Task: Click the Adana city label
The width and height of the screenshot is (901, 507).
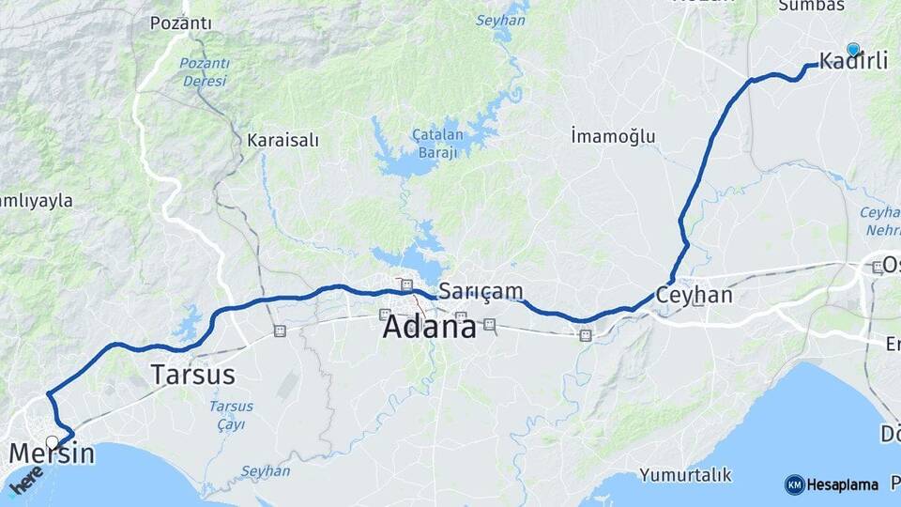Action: [x=430, y=328]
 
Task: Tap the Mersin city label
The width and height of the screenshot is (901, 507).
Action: [x=52, y=454]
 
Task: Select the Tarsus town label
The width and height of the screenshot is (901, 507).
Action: [x=192, y=375]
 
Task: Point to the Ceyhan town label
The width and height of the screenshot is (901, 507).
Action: [x=694, y=295]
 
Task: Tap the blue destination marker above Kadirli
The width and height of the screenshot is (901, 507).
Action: [x=853, y=50]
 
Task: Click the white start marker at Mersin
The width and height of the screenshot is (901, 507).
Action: [x=53, y=441]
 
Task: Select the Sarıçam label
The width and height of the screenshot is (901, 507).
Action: [x=481, y=291]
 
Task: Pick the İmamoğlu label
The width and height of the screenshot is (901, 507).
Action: [x=613, y=137]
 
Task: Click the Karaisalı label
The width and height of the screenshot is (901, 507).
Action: [x=283, y=141]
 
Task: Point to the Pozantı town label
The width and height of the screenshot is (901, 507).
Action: [x=180, y=23]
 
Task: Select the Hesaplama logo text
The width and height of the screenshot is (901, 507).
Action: [x=843, y=484]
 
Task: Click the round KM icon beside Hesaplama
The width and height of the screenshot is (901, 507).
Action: [x=794, y=484]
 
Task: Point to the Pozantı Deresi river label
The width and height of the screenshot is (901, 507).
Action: [x=205, y=72]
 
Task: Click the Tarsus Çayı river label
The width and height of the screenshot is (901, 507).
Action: [x=227, y=415]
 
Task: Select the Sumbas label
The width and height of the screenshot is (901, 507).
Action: [x=812, y=6]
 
